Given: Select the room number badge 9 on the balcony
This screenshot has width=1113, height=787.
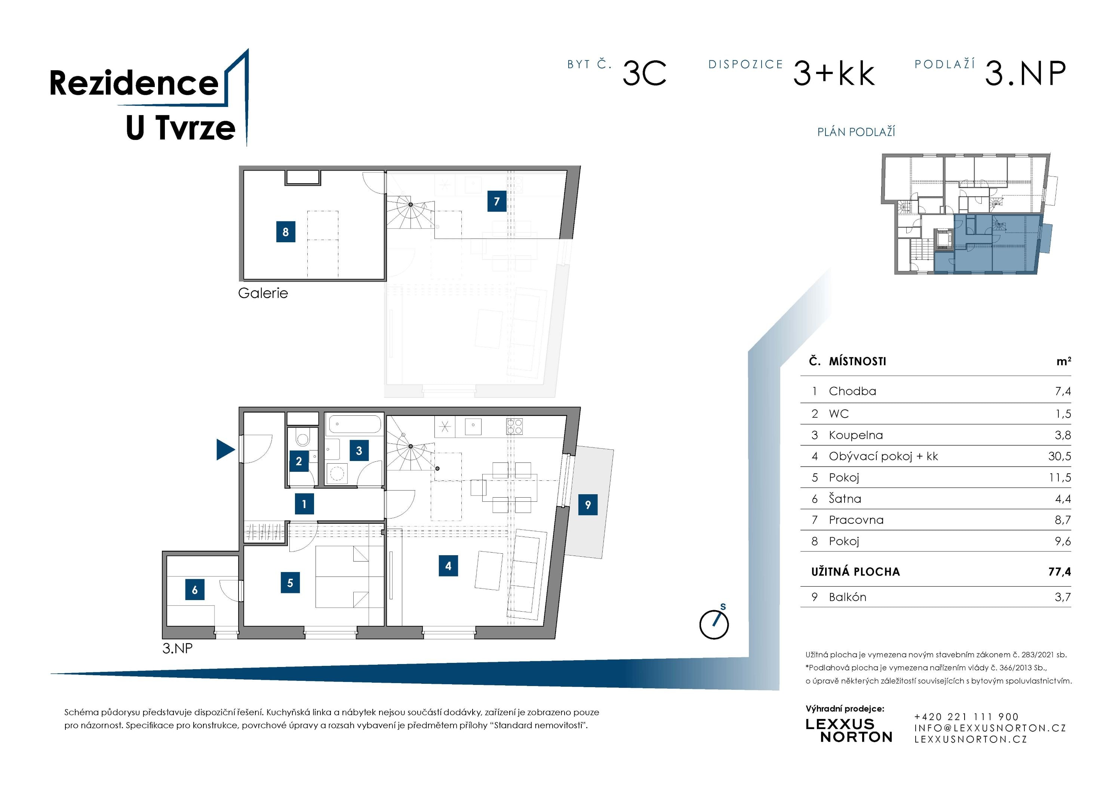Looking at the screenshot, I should (587, 505).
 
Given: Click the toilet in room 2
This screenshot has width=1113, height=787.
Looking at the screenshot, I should (302, 439).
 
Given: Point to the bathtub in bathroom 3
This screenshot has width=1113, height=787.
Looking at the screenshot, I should (354, 424).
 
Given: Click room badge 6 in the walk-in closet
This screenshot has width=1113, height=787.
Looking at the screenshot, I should (194, 590).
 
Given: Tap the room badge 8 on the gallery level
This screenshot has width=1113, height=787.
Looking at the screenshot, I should (286, 232).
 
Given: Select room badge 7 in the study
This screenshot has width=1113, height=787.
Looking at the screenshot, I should (496, 201).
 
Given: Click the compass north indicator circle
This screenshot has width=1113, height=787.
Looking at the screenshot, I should (714, 625).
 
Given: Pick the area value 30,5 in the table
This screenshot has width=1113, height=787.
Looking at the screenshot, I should (1059, 456).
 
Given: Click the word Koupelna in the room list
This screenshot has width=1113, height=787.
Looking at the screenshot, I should (856, 435).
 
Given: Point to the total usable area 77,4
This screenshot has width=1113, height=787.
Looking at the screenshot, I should (1059, 572).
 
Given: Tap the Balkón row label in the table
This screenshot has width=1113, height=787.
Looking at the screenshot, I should (847, 597).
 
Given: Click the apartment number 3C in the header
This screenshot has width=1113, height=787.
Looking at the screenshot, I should (644, 74).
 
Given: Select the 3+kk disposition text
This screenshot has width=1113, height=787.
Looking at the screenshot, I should (834, 74).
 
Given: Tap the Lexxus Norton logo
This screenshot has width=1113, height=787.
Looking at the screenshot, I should (848, 730).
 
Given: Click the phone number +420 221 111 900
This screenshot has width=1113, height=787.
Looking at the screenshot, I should (966, 716).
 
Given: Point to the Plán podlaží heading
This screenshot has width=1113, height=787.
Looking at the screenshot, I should (856, 132).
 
